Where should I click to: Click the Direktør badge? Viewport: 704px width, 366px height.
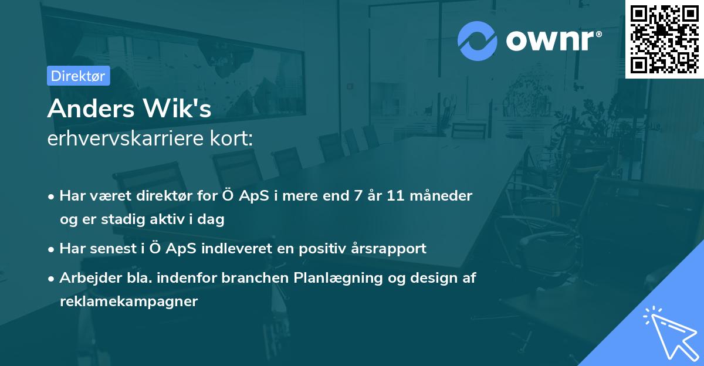tap(78, 76)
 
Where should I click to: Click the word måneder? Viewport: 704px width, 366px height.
tap(444, 195)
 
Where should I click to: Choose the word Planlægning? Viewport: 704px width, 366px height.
tap(338, 279)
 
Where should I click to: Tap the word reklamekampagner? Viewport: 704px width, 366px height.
tap(128, 301)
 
